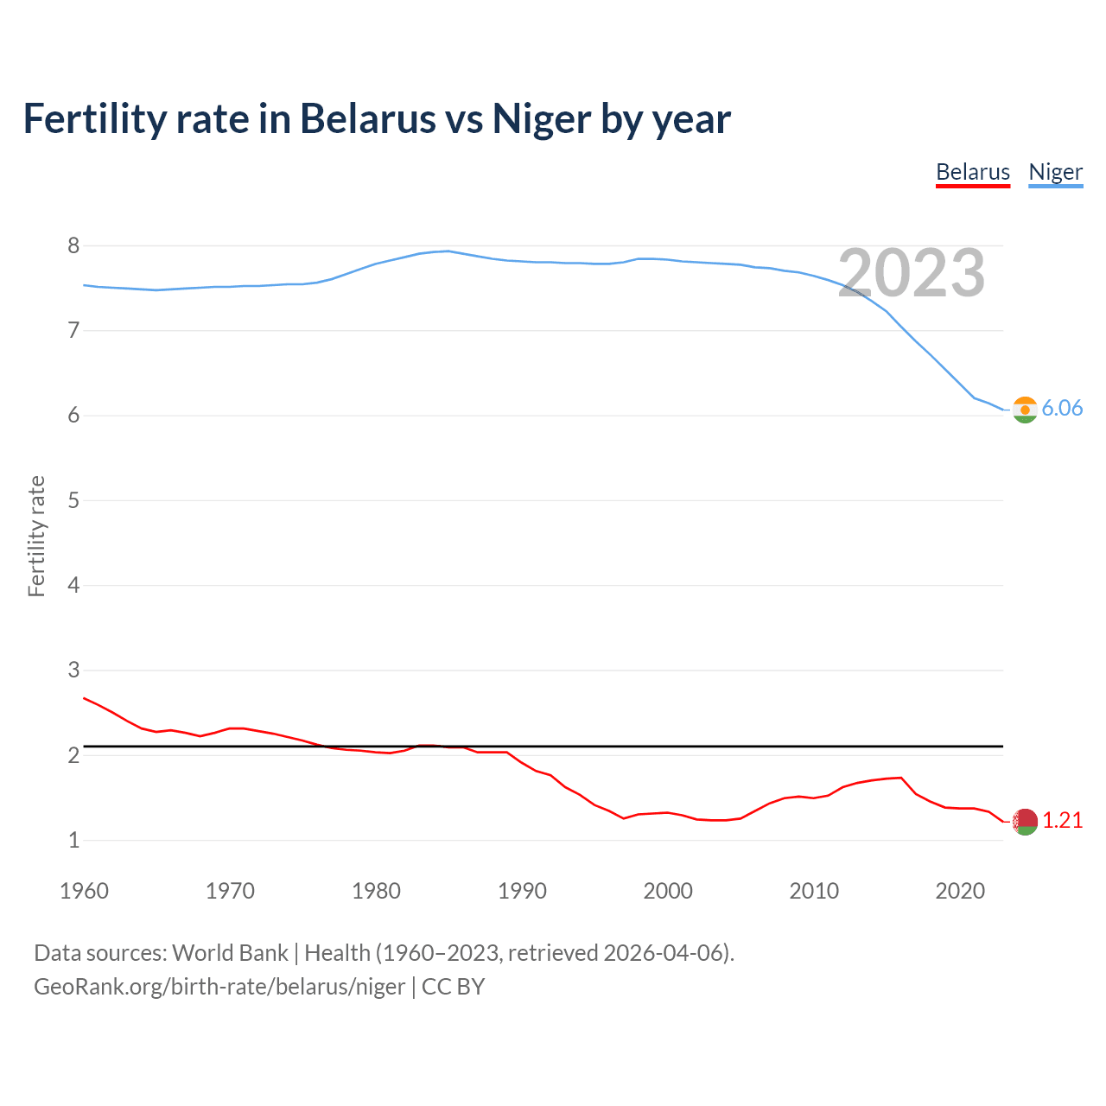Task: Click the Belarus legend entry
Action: point(973,172)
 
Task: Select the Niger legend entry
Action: point(1055,172)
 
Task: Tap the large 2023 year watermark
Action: point(912,273)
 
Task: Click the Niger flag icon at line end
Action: point(1025,410)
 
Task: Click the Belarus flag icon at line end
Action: point(1025,822)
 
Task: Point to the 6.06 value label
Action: point(1062,409)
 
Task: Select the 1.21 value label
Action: point(1062,821)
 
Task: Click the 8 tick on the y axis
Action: point(73,246)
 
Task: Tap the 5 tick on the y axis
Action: point(73,500)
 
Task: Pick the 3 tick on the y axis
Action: point(73,671)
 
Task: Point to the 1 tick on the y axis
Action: point(73,840)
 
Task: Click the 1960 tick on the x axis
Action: point(84,891)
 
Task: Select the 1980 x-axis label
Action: point(376,891)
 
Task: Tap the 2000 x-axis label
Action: point(668,891)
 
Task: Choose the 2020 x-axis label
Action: point(960,891)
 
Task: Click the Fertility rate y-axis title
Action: point(36,536)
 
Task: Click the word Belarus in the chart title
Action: point(367,118)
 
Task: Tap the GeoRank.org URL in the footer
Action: point(219,987)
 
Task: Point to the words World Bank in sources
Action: point(230,953)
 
